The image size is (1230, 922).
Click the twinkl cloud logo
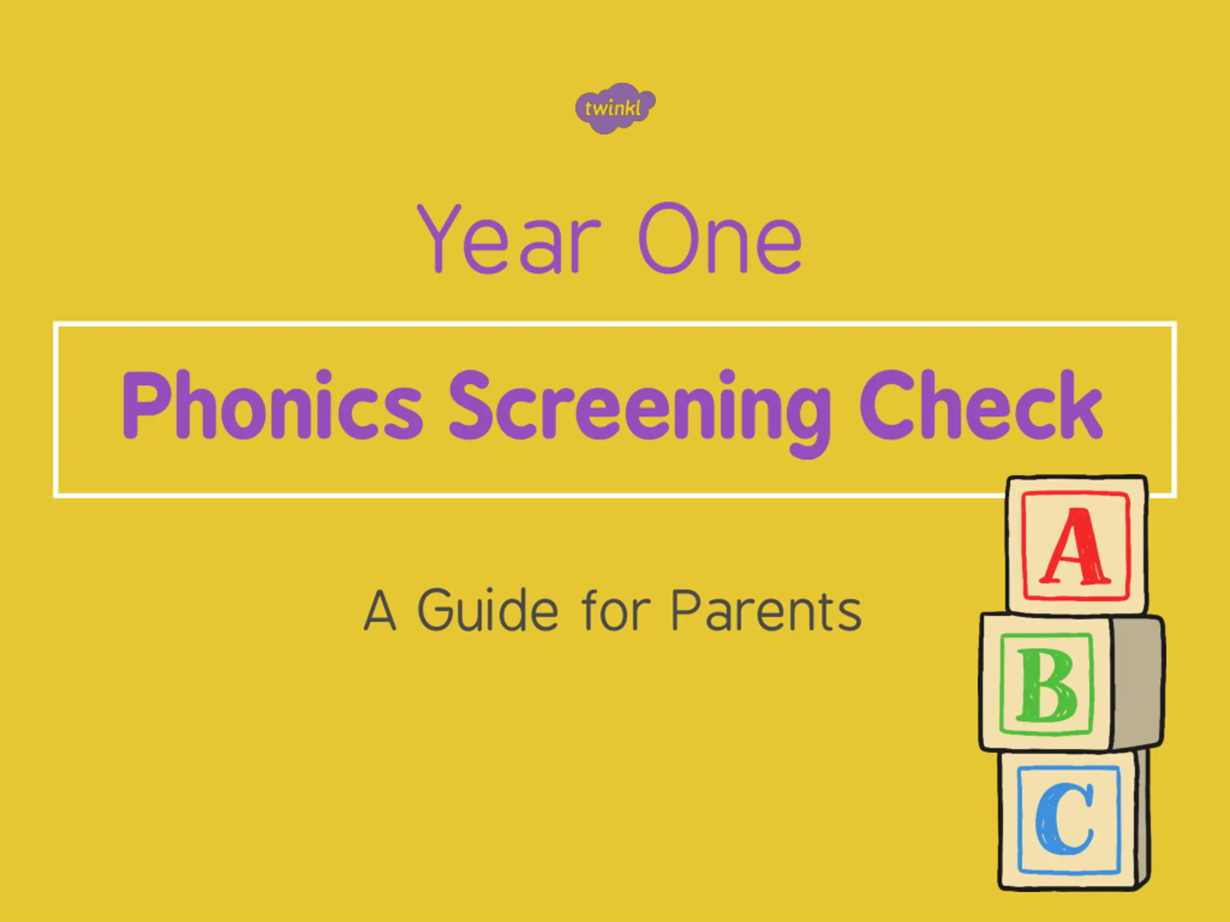615,108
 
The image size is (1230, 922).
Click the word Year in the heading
509,238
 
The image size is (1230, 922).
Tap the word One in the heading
720,238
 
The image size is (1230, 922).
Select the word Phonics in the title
272,405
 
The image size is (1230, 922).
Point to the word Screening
640,412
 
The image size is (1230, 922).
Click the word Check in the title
981,405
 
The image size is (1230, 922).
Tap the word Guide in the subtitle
488,610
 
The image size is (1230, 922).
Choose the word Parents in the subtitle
767,610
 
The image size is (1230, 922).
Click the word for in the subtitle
615,610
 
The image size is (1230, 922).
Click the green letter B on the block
1046,685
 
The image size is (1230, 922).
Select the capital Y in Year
439,238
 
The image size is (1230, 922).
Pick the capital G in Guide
437,610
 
